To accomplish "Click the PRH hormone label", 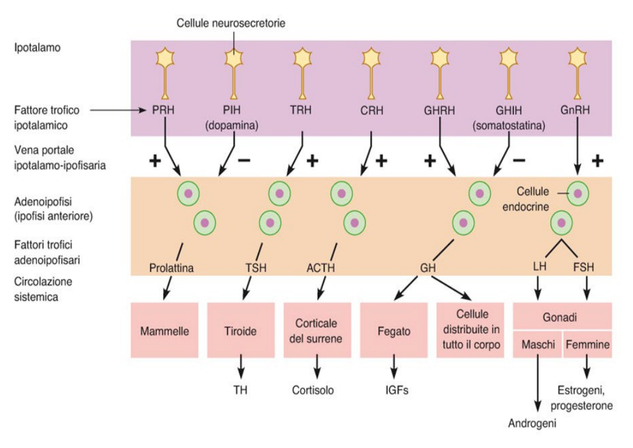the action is click(x=163, y=109).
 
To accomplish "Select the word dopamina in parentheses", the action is click(x=232, y=125).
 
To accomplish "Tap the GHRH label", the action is click(x=439, y=110).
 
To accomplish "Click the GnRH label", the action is click(x=576, y=109).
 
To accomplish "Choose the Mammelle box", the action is click(x=165, y=330).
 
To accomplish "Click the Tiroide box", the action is click(x=241, y=330).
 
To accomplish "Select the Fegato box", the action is click(x=393, y=330).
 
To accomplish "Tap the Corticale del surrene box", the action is click(x=317, y=330).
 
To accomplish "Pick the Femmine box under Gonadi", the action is click(x=588, y=345).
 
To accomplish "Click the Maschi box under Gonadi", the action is click(x=537, y=345).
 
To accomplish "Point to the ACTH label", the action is click(x=321, y=267).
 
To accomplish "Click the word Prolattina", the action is click(x=171, y=268).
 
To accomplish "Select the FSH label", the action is click(x=584, y=267).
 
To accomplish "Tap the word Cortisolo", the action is click(x=313, y=390).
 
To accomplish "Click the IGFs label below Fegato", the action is click(x=396, y=390).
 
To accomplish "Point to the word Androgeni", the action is click(x=532, y=423).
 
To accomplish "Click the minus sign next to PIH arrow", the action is click(x=244, y=160).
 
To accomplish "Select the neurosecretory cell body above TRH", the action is click(x=303, y=57).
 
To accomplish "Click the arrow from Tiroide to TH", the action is click(x=241, y=366).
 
